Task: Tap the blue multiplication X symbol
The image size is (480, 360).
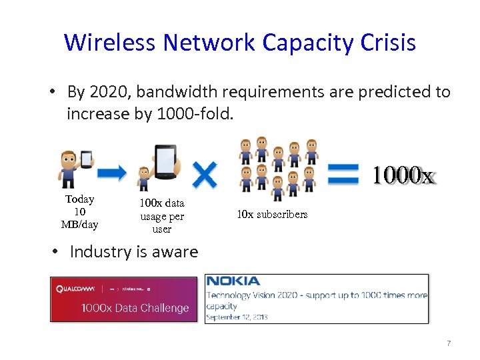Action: [x=204, y=175]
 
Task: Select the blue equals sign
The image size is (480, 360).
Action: [x=345, y=175]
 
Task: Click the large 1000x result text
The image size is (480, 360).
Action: [x=403, y=175]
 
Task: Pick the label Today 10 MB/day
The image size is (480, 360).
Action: [x=79, y=212]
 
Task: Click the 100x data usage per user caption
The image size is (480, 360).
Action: [x=162, y=216]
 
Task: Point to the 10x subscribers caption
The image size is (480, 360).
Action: [x=272, y=215]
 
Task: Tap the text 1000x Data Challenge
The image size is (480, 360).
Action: [x=135, y=308]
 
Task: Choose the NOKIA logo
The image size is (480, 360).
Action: [x=233, y=281]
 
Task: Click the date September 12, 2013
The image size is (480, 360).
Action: [x=237, y=317]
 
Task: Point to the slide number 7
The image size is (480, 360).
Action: [x=449, y=343]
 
